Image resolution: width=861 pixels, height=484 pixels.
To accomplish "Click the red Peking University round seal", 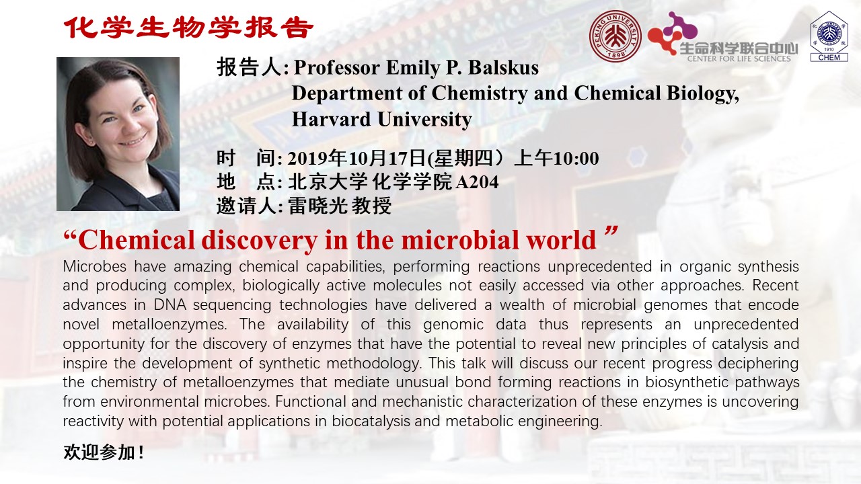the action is coord(615,36).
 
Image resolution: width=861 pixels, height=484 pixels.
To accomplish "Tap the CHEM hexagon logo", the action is coord(829,36).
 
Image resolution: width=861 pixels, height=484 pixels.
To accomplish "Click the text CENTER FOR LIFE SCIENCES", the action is coord(739,58).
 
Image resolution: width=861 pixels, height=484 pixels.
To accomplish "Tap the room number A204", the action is coord(477,182).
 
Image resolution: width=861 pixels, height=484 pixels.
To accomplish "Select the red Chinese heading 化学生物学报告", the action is coord(189,28).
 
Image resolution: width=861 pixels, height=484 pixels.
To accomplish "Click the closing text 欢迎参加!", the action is coord(104,452).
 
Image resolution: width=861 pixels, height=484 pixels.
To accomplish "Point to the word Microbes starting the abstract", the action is coord(95,267).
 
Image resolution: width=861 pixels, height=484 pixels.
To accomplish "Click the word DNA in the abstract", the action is coord(170,305).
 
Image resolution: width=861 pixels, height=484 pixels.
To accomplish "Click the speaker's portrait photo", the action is coord(118,134).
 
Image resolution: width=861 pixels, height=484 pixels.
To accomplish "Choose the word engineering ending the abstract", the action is coord(560,421).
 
